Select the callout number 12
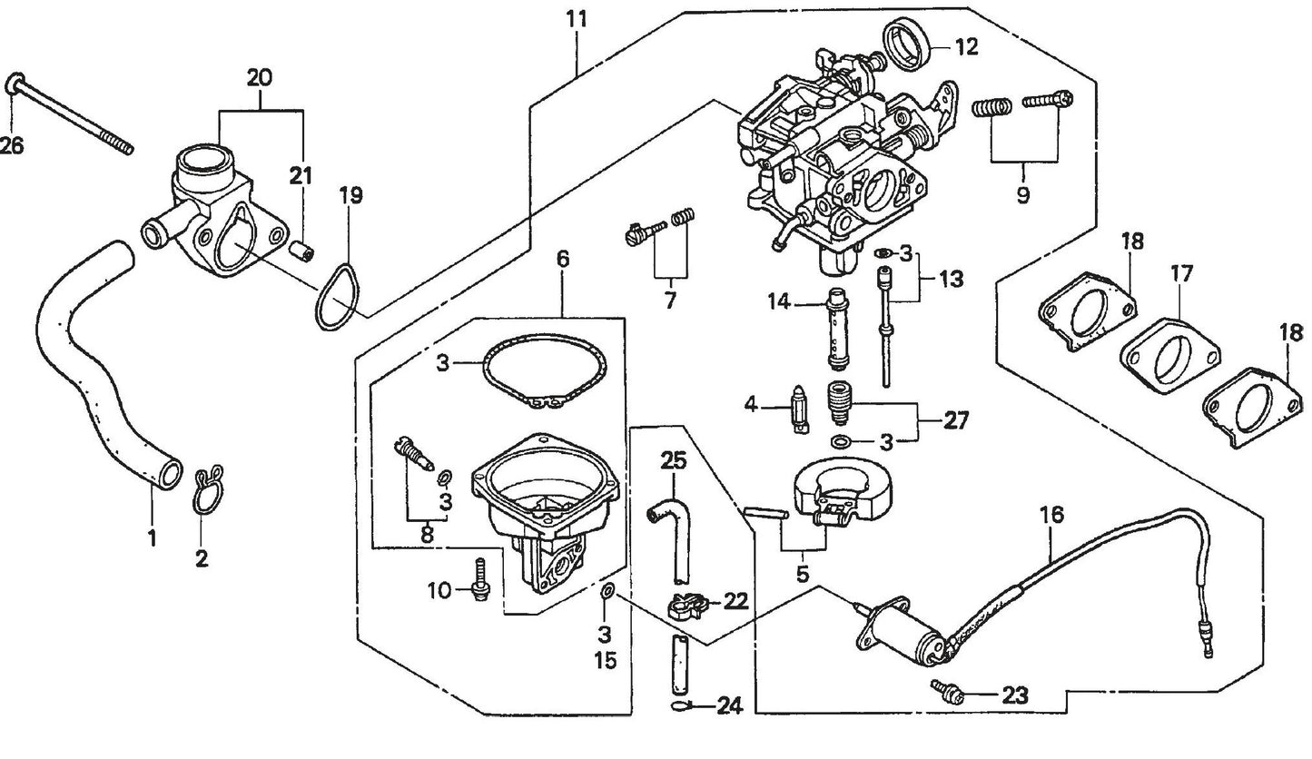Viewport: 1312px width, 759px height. pos(966,46)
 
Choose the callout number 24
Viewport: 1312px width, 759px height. pos(729,705)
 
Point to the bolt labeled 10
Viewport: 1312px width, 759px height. pos(481,578)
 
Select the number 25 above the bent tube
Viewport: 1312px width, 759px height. pos(674,459)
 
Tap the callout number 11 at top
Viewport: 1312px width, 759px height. pos(577,18)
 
